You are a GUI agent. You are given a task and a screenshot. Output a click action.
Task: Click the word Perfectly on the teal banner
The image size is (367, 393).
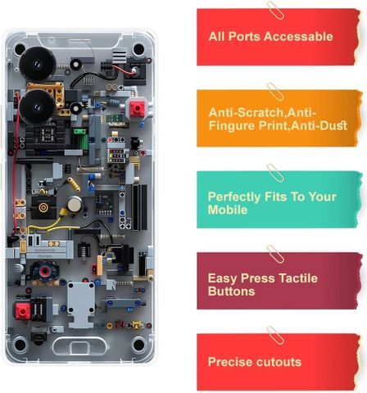234,197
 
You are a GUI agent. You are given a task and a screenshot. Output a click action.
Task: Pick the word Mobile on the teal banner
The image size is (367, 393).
228,210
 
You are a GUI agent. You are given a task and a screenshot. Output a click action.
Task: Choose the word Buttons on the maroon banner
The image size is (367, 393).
231,291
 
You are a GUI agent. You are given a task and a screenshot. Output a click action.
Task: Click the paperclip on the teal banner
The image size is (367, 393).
275,173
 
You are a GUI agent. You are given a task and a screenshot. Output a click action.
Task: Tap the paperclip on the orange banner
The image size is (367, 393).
275,92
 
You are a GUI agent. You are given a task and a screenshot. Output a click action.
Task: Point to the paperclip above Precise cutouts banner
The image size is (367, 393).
275,335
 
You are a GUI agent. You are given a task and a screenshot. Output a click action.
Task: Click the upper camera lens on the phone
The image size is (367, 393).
37,65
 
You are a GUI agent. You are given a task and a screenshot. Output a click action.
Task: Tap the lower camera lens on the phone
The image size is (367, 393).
37,107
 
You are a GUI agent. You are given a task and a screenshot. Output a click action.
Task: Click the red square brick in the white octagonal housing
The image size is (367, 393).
137,109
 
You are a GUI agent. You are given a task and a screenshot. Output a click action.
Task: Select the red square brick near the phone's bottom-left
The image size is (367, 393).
23,311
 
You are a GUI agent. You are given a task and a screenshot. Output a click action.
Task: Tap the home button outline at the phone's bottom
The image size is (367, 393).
79,346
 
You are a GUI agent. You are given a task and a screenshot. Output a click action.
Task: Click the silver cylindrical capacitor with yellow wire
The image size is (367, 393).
75,204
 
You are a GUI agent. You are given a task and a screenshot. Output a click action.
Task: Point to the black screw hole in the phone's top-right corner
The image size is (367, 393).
138,49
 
